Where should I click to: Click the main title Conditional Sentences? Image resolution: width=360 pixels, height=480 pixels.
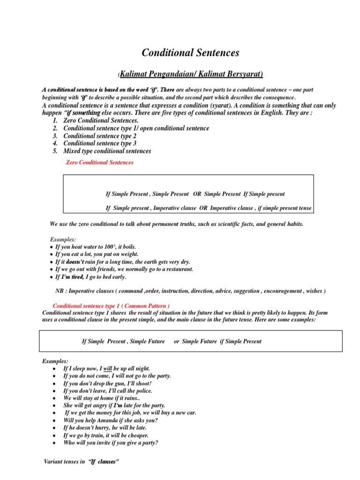click(x=190, y=53)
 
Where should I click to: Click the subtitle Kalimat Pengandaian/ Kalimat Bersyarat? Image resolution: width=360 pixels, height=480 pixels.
click(x=191, y=74)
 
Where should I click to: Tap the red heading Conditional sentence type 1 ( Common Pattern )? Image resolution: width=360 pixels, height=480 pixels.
click(x=111, y=306)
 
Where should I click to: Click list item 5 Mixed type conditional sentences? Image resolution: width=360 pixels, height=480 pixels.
click(x=107, y=151)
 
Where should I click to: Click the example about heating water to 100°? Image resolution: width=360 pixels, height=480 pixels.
click(x=96, y=247)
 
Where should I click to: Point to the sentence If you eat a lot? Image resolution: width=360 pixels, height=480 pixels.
click(x=97, y=254)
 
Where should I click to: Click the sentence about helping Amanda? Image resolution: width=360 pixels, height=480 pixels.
click(x=111, y=420)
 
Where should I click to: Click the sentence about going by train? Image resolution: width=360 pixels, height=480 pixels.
click(x=106, y=435)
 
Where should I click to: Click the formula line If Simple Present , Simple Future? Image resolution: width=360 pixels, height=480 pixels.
click(x=172, y=341)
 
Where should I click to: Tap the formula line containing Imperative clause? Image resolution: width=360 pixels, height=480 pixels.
click(x=209, y=208)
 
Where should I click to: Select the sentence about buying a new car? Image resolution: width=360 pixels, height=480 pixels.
click(x=130, y=412)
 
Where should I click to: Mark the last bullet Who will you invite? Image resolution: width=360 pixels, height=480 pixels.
click(x=111, y=442)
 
